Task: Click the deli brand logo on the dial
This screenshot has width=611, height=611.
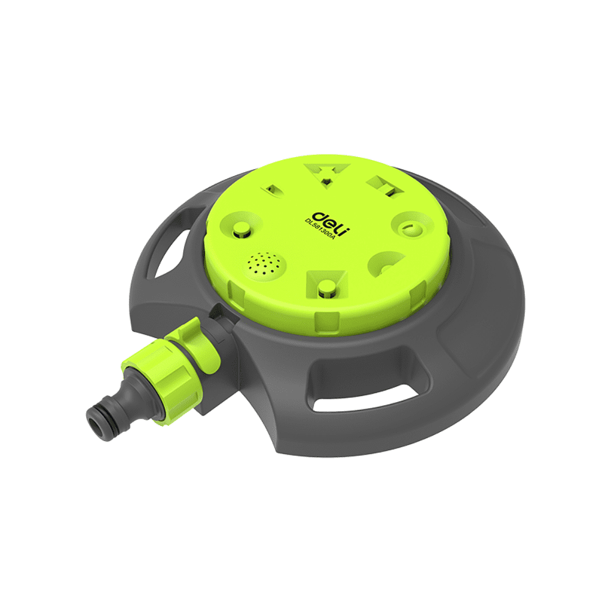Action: pos(331,224)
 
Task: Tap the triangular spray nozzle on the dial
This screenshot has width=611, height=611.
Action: pos(327,174)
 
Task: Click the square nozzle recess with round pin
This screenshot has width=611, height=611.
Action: pos(326,285)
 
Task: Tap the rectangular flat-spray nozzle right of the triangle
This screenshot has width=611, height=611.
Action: pos(386,186)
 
